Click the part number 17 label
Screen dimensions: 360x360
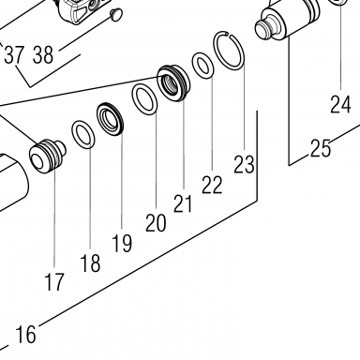tap(54, 281)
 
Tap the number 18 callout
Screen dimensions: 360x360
tap(90, 262)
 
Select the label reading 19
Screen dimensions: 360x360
tap(122, 243)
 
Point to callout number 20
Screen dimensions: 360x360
tap(156, 223)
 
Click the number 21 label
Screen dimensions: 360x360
tap(183, 203)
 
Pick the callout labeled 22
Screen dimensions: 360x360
tap(212, 185)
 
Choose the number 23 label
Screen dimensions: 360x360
tap(244, 164)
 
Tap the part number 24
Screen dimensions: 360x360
tap(340, 104)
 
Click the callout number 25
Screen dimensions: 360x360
tap(321, 148)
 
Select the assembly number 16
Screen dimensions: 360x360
tap(25, 335)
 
